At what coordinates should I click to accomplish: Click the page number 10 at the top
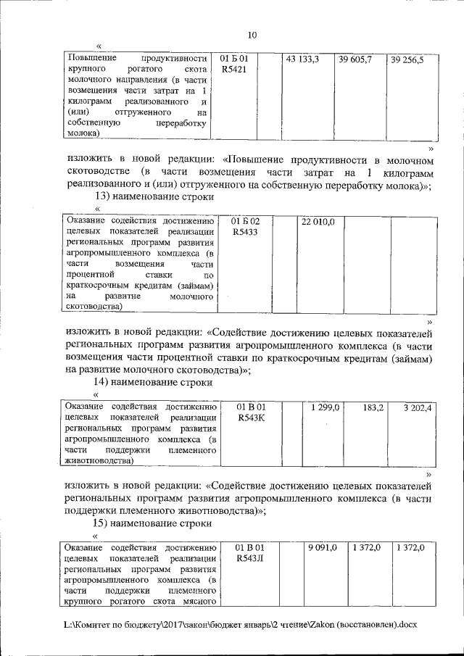(252, 35)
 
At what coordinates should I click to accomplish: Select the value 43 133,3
(303, 58)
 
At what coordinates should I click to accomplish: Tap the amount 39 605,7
(355, 58)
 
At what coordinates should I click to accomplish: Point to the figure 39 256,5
(407, 59)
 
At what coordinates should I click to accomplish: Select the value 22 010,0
(318, 221)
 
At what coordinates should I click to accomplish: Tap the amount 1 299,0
(325, 408)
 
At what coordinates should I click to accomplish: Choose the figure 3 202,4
(418, 408)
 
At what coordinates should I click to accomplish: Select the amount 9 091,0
(323, 548)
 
